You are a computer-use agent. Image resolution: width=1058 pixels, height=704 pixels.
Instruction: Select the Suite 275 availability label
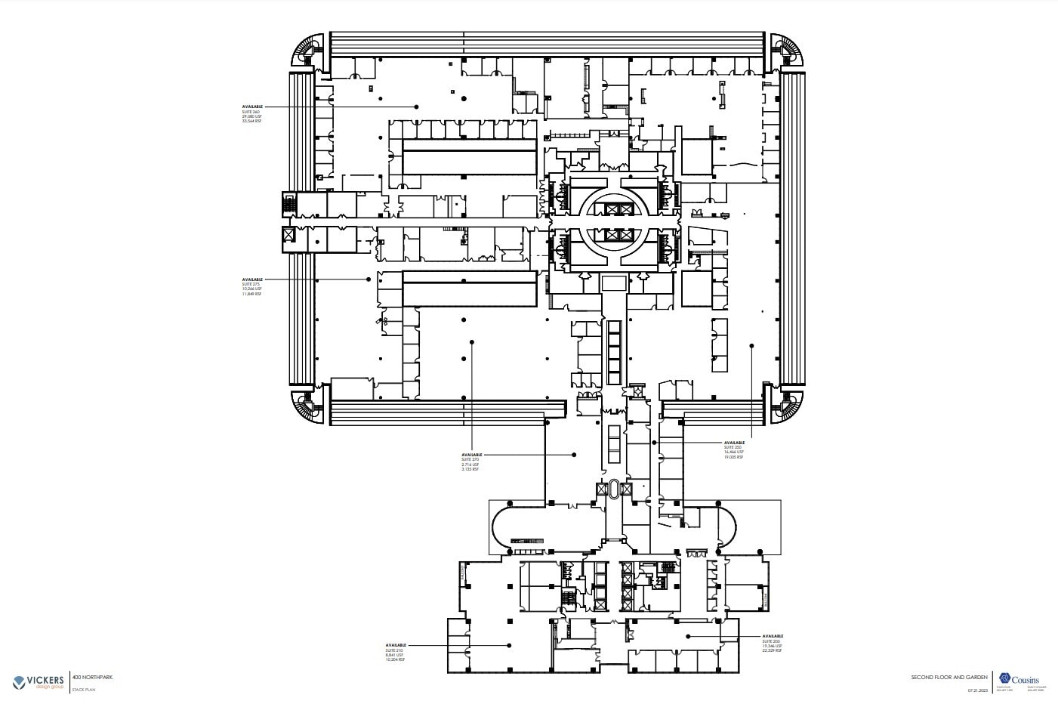[x=252, y=286]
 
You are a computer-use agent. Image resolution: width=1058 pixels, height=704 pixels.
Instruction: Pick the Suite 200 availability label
[x=773, y=644]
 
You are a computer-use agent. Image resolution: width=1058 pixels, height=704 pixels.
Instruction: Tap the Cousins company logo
[x=1019, y=679]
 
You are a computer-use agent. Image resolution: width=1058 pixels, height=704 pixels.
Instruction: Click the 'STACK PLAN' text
[x=82, y=690]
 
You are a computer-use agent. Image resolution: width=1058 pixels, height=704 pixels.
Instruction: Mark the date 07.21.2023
[x=978, y=690]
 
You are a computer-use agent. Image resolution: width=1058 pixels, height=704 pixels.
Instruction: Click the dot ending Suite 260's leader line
[x=416, y=107]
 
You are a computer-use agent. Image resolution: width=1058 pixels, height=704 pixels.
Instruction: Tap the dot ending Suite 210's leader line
[x=510, y=645]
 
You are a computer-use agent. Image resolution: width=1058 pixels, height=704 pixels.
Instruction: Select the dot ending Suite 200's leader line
[x=687, y=636]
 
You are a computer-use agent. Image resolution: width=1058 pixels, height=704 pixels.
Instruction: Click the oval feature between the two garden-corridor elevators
[x=613, y=489]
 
